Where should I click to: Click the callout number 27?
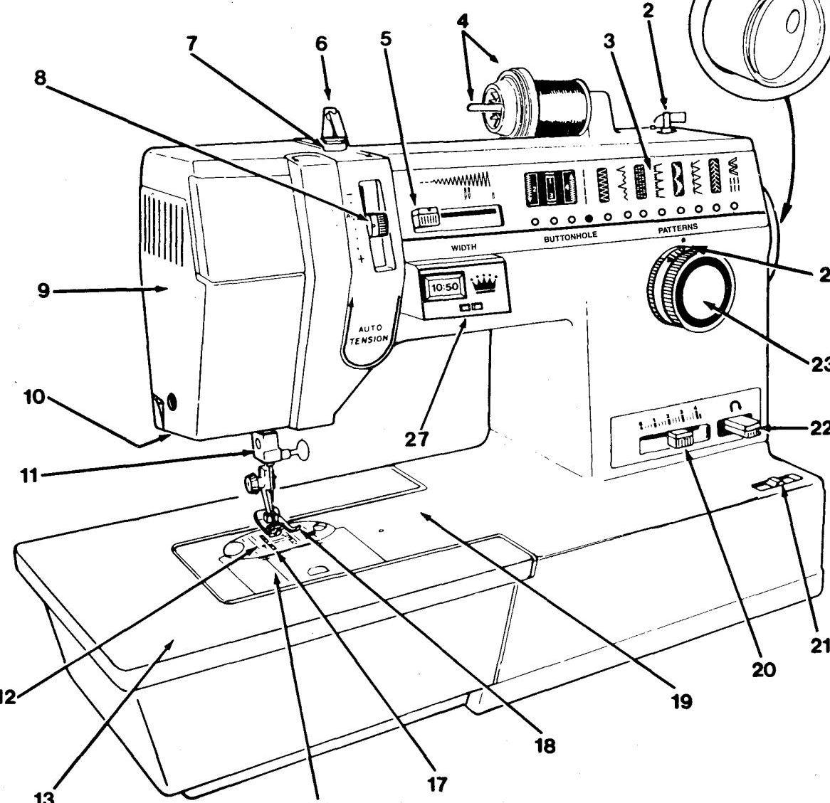click(418, 440)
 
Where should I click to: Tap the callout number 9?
click(44, 291)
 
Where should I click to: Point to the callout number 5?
click(386, 39)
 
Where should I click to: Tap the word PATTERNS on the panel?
click(677, 228)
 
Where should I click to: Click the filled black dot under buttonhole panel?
click(589, 220)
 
